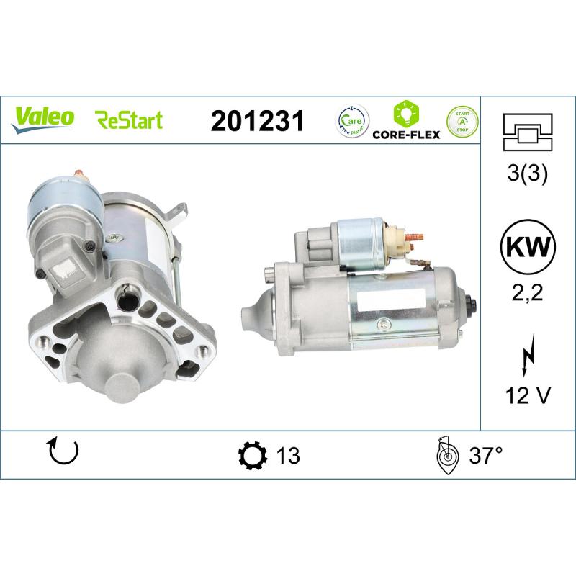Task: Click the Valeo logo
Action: (42, 117)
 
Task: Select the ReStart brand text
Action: (129, 120)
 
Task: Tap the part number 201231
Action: (258, 120)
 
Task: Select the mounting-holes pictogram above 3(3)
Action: (528, 131)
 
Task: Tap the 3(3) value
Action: (528, 175)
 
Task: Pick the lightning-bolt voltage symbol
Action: (528, 352)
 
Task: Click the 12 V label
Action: (528, 395)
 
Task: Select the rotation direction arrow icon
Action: (63, 451)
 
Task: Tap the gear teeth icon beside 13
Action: (251, 455)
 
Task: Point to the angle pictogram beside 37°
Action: (446, 456)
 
